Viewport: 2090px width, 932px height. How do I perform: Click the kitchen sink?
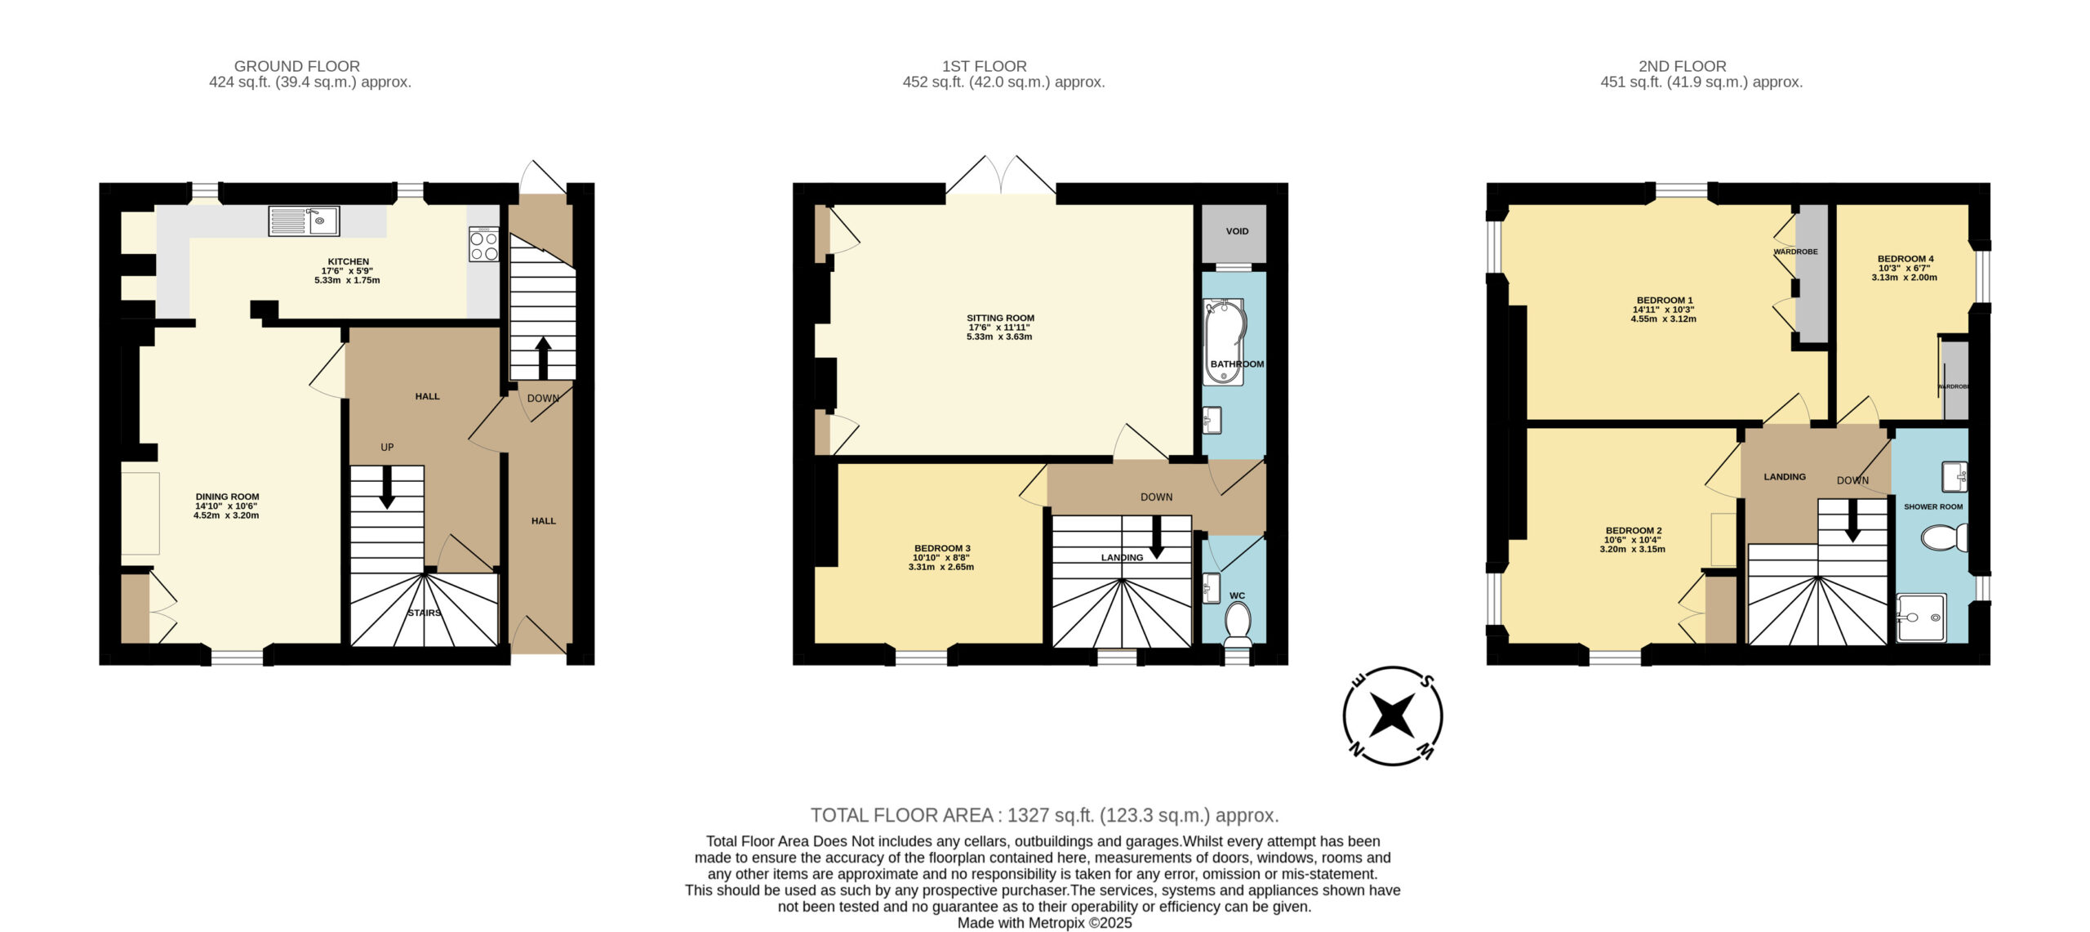304,221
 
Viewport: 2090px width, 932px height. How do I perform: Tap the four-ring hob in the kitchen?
483,244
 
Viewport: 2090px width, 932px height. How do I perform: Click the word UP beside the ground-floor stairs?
387,448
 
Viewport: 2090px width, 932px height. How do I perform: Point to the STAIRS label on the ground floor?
425,613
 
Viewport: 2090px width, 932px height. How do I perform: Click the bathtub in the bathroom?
1225,341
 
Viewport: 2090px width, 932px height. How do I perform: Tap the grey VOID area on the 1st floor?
1234,233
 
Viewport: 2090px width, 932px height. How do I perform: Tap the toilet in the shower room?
1945,538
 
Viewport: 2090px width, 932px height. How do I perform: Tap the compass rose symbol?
1393,716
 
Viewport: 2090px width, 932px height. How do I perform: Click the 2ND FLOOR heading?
1683,66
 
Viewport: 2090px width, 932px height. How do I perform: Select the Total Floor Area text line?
1044,815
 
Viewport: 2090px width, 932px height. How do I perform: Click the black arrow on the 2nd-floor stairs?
1852,520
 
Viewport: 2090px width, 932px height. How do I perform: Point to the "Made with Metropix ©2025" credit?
1044,923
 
